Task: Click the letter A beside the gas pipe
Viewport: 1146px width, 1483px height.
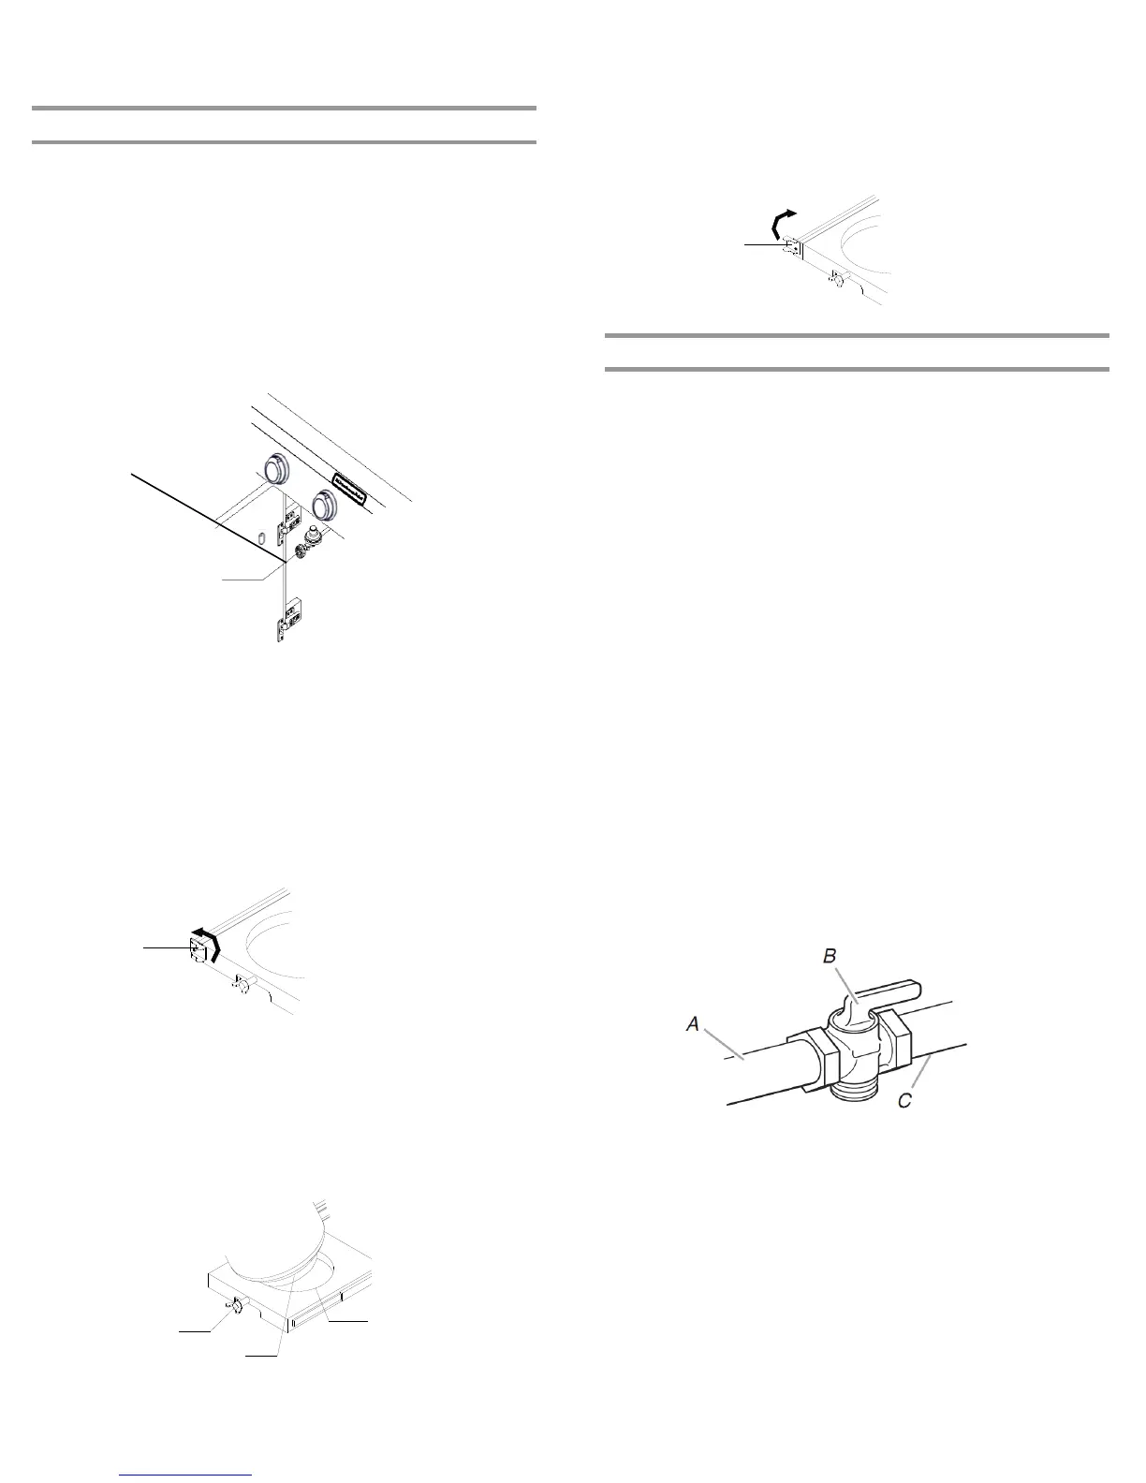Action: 693,1025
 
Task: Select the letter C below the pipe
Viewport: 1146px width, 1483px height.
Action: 904,1101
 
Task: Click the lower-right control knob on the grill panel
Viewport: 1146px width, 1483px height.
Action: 326,505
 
